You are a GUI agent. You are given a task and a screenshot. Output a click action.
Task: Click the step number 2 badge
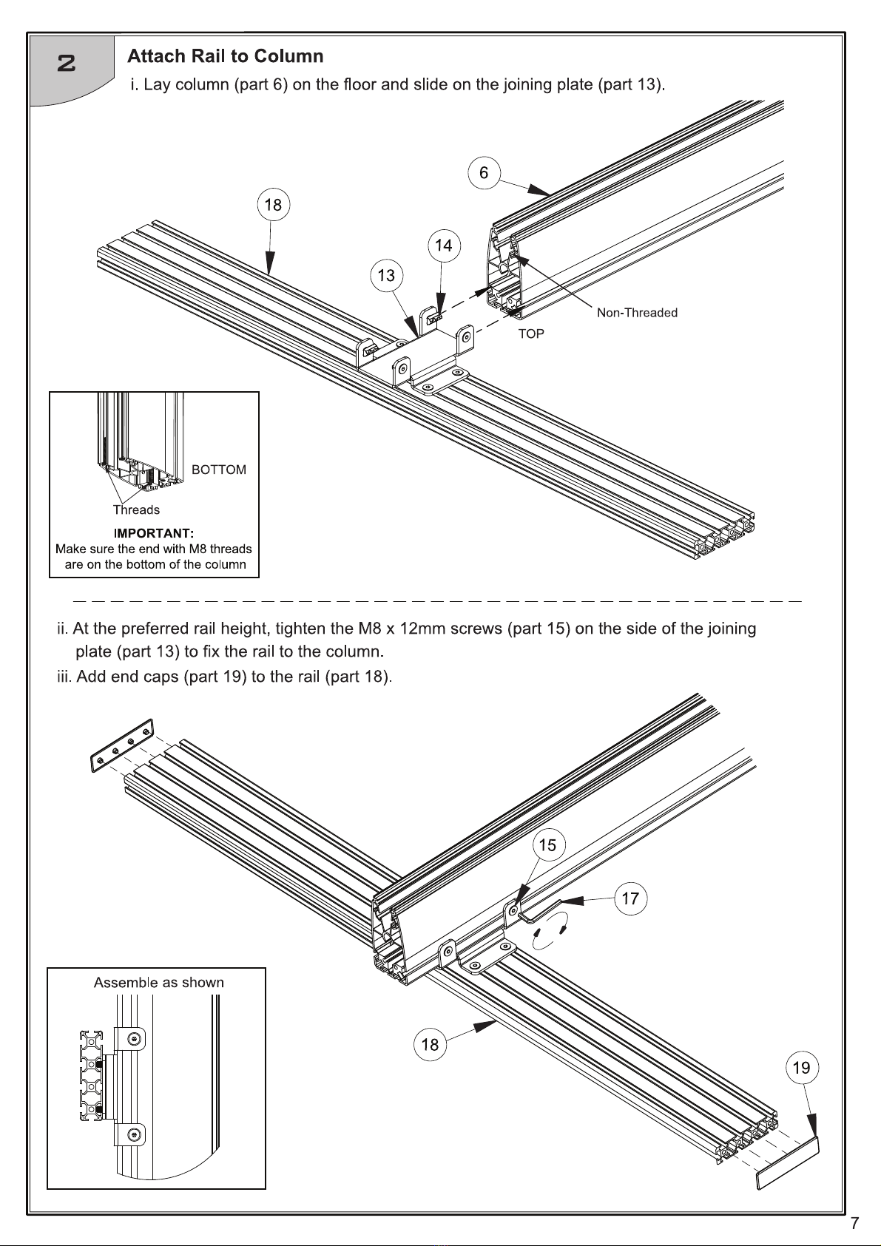point(67,64)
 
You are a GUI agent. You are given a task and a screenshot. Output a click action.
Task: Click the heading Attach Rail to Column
point(225,56)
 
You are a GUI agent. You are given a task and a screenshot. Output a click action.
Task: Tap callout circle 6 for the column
point(484,173)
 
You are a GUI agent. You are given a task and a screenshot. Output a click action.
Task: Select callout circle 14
point(443,246)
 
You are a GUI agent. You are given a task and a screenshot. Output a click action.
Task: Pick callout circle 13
point(386,276)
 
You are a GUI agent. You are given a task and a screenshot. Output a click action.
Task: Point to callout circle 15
point(547,845)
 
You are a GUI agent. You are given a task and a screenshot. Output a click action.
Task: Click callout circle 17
point(629,898)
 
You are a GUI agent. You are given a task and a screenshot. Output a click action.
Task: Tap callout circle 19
point(801,1068)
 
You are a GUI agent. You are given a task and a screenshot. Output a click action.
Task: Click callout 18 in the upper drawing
point(273,205)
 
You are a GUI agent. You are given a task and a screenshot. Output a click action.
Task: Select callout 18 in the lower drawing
point(430,1045)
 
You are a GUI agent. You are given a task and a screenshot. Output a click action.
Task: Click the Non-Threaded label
point(637,313)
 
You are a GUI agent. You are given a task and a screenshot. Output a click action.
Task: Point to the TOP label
point(531,334)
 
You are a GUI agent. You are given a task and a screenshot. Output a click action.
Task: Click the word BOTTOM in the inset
point(219,470)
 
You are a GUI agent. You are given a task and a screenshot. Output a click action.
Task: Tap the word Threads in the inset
point(136,509)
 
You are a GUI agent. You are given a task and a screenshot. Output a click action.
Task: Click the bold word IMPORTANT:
point(154,533)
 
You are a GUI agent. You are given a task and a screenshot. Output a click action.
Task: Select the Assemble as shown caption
point(158,983)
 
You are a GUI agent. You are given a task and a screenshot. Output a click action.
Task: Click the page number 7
point(854,1223)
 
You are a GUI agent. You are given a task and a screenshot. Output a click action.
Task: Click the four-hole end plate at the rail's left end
point(122,745)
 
